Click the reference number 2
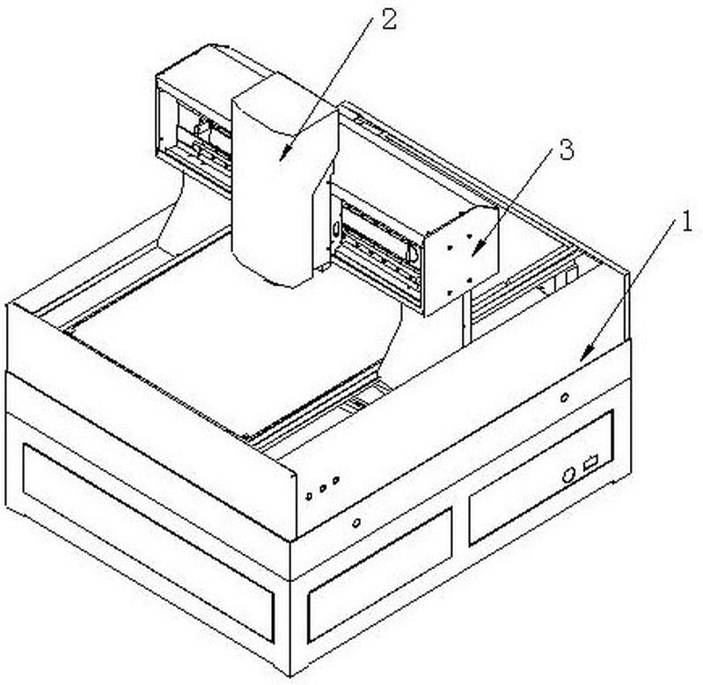point(389,20)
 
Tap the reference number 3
point(567,149)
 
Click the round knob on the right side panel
point(568,475)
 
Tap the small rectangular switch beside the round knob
point(590,463)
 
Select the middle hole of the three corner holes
point(322,488)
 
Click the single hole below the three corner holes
point(356,522)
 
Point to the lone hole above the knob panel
point(565,397)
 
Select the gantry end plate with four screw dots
point(462,260)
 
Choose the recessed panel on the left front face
point(148,542)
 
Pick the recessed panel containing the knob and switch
point(541,478)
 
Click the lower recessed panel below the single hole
point(379,576)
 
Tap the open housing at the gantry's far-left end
point(194,130)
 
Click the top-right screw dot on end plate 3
point(468,237)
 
